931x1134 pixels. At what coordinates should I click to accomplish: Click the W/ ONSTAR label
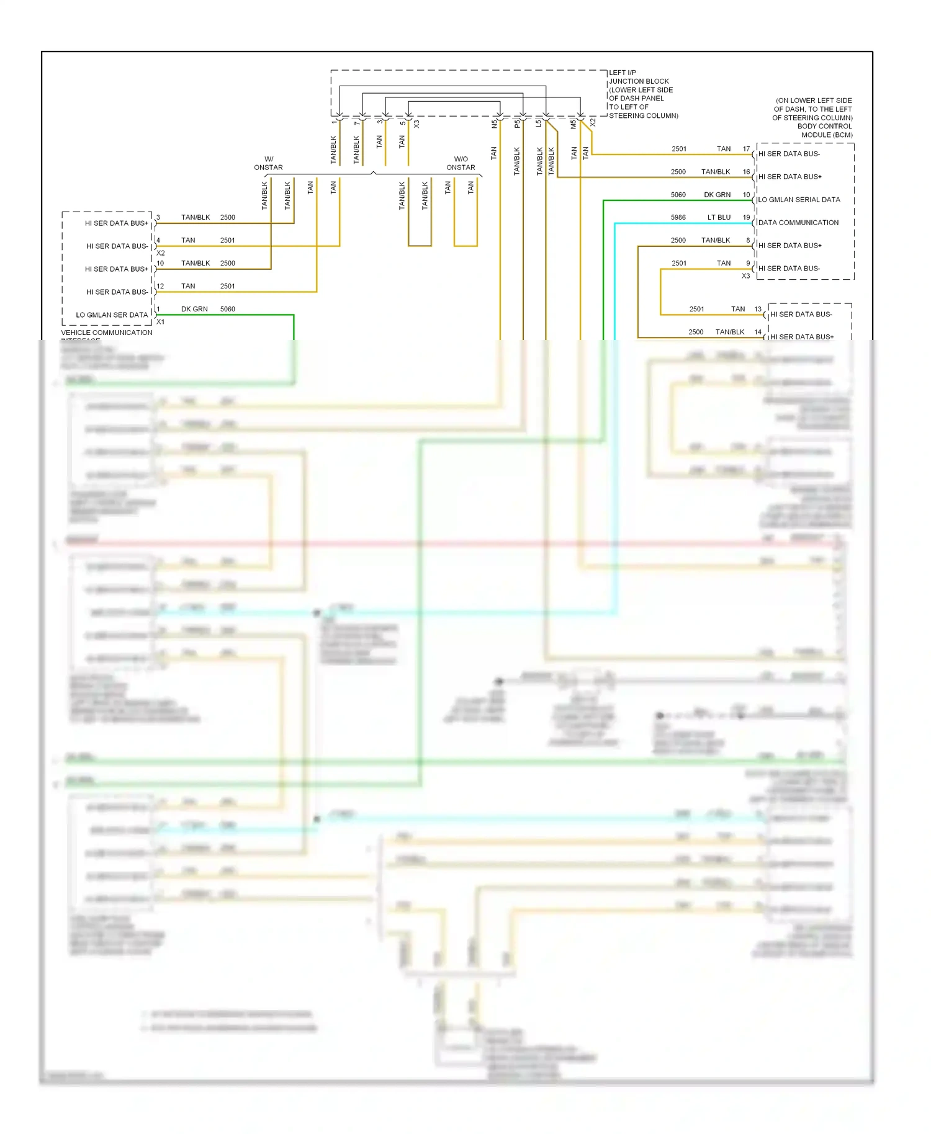[268, 163]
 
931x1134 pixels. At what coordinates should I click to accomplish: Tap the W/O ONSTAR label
[461, 163]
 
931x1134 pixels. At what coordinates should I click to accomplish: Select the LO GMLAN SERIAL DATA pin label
[799, 200]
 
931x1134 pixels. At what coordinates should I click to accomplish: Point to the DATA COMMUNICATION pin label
[798, 223]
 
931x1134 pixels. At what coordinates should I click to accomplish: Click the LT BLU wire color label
[719, 217]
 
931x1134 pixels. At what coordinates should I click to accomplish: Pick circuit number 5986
[678, 217]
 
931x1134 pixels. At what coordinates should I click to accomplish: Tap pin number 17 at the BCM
[746, 149]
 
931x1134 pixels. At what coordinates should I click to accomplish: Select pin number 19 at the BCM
[746, 217]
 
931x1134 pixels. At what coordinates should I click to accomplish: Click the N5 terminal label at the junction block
[495, 124]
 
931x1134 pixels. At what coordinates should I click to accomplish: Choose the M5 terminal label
[573, 124]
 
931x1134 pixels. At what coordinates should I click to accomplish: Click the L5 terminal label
[539, 123]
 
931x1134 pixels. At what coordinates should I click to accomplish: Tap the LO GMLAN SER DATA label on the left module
[112, 315]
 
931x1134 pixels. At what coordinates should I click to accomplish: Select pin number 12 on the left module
[160, 286]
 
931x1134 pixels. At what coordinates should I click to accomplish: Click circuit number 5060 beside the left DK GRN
[227, 309]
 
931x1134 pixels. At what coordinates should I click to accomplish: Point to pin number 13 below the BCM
[758, 309]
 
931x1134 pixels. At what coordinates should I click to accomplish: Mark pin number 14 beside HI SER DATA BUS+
[758, 332]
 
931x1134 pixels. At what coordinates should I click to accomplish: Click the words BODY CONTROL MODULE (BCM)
[825, 130]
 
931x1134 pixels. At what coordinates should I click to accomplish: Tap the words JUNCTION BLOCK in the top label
[639, 81]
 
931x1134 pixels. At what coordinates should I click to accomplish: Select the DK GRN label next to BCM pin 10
[717, 195]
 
